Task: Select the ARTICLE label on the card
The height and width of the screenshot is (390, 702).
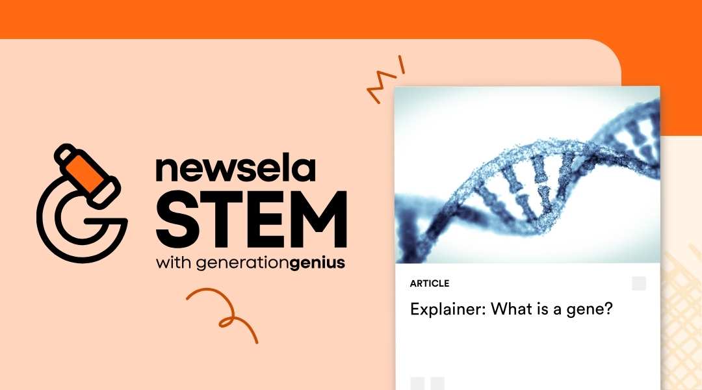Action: point(430,283)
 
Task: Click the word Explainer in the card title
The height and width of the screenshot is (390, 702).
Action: point(447,309)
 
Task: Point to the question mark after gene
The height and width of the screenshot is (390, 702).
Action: point(609,309)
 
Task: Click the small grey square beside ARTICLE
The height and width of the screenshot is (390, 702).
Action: point(639,283)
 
